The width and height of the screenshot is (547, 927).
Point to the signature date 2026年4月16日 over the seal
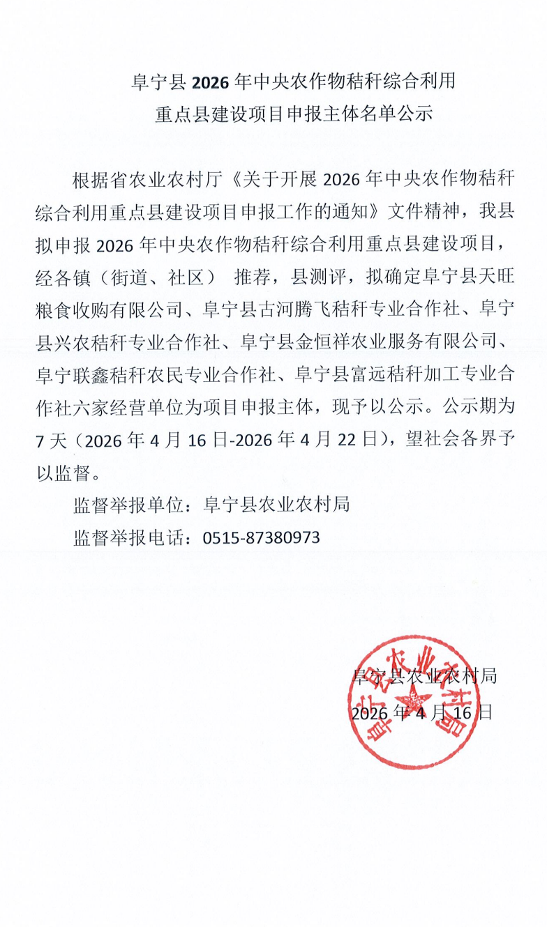tap(422, 712)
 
